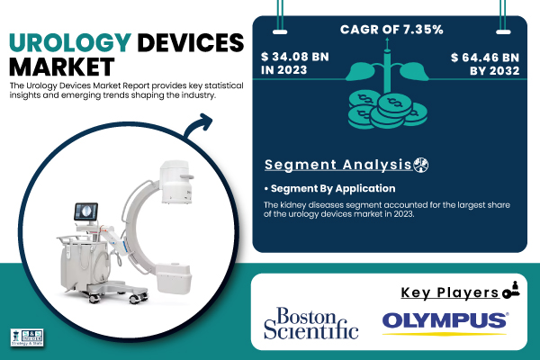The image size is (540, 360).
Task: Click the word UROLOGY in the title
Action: [x=70, y=42]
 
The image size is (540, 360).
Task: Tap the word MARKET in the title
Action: [x=61, y=67]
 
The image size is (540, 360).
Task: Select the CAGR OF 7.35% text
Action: [x=391, y=30]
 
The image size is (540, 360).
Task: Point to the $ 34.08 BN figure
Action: [x=295, y=57]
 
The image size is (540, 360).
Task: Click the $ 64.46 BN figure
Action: [x=485, y=58]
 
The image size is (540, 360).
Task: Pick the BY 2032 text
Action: [x=494, y=70]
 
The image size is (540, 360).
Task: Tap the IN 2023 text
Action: [x=283, y=70]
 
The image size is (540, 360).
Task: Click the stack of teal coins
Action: [x=387, y=110]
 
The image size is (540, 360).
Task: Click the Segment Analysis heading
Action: [x=338, y=165]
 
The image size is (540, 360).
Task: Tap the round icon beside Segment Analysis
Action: [x=421, y=165]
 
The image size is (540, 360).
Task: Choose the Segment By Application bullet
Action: [x=330, y=188]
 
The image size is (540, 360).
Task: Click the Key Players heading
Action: [x=450, y=292]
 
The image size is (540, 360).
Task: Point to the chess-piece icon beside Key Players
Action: [x=510, y=290]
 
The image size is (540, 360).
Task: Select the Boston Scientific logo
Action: [x=311, y=323]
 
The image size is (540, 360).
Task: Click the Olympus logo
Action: [x=445, y=322]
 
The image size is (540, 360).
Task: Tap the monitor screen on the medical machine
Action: [x=86, y=211]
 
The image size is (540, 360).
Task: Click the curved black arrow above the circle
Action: [x=197, y=126]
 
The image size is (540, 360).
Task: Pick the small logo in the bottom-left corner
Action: [x=27, y=337]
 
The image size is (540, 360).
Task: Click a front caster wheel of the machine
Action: [x=134, y=298]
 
